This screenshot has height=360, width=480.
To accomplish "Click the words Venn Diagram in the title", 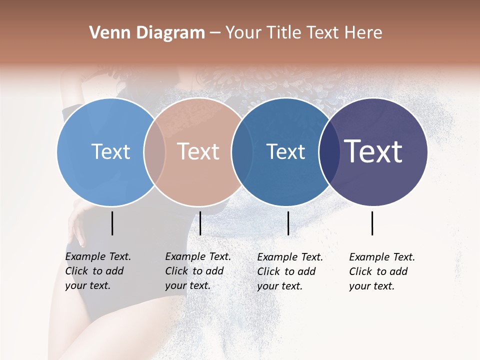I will [147, 33].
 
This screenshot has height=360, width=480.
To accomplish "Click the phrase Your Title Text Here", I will [303, 33].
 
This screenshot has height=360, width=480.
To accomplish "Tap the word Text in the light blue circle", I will [110, 151].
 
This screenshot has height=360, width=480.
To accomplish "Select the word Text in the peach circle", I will [198, 151].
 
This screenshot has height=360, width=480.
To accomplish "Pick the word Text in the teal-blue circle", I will [285, 151].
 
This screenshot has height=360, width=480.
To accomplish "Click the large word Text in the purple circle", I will [373, 151].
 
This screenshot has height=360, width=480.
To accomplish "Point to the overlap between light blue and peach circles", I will [154, 152].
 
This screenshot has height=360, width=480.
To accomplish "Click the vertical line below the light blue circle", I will [112, 223].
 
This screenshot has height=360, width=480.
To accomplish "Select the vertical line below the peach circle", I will [200, 223].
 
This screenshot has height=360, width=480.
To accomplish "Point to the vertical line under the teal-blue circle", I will [288, 223].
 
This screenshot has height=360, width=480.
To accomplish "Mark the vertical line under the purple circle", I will [372, 223].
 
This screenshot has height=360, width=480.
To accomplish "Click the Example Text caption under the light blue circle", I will [98, 256].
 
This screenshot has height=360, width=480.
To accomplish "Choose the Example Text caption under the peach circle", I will [198, 256].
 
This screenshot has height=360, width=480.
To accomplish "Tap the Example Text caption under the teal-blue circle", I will [290, 257].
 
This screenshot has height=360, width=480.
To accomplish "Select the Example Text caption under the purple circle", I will [382, 257].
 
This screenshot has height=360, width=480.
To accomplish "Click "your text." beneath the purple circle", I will [371, 286].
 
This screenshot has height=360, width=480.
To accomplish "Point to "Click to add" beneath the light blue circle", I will [94, 271].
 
